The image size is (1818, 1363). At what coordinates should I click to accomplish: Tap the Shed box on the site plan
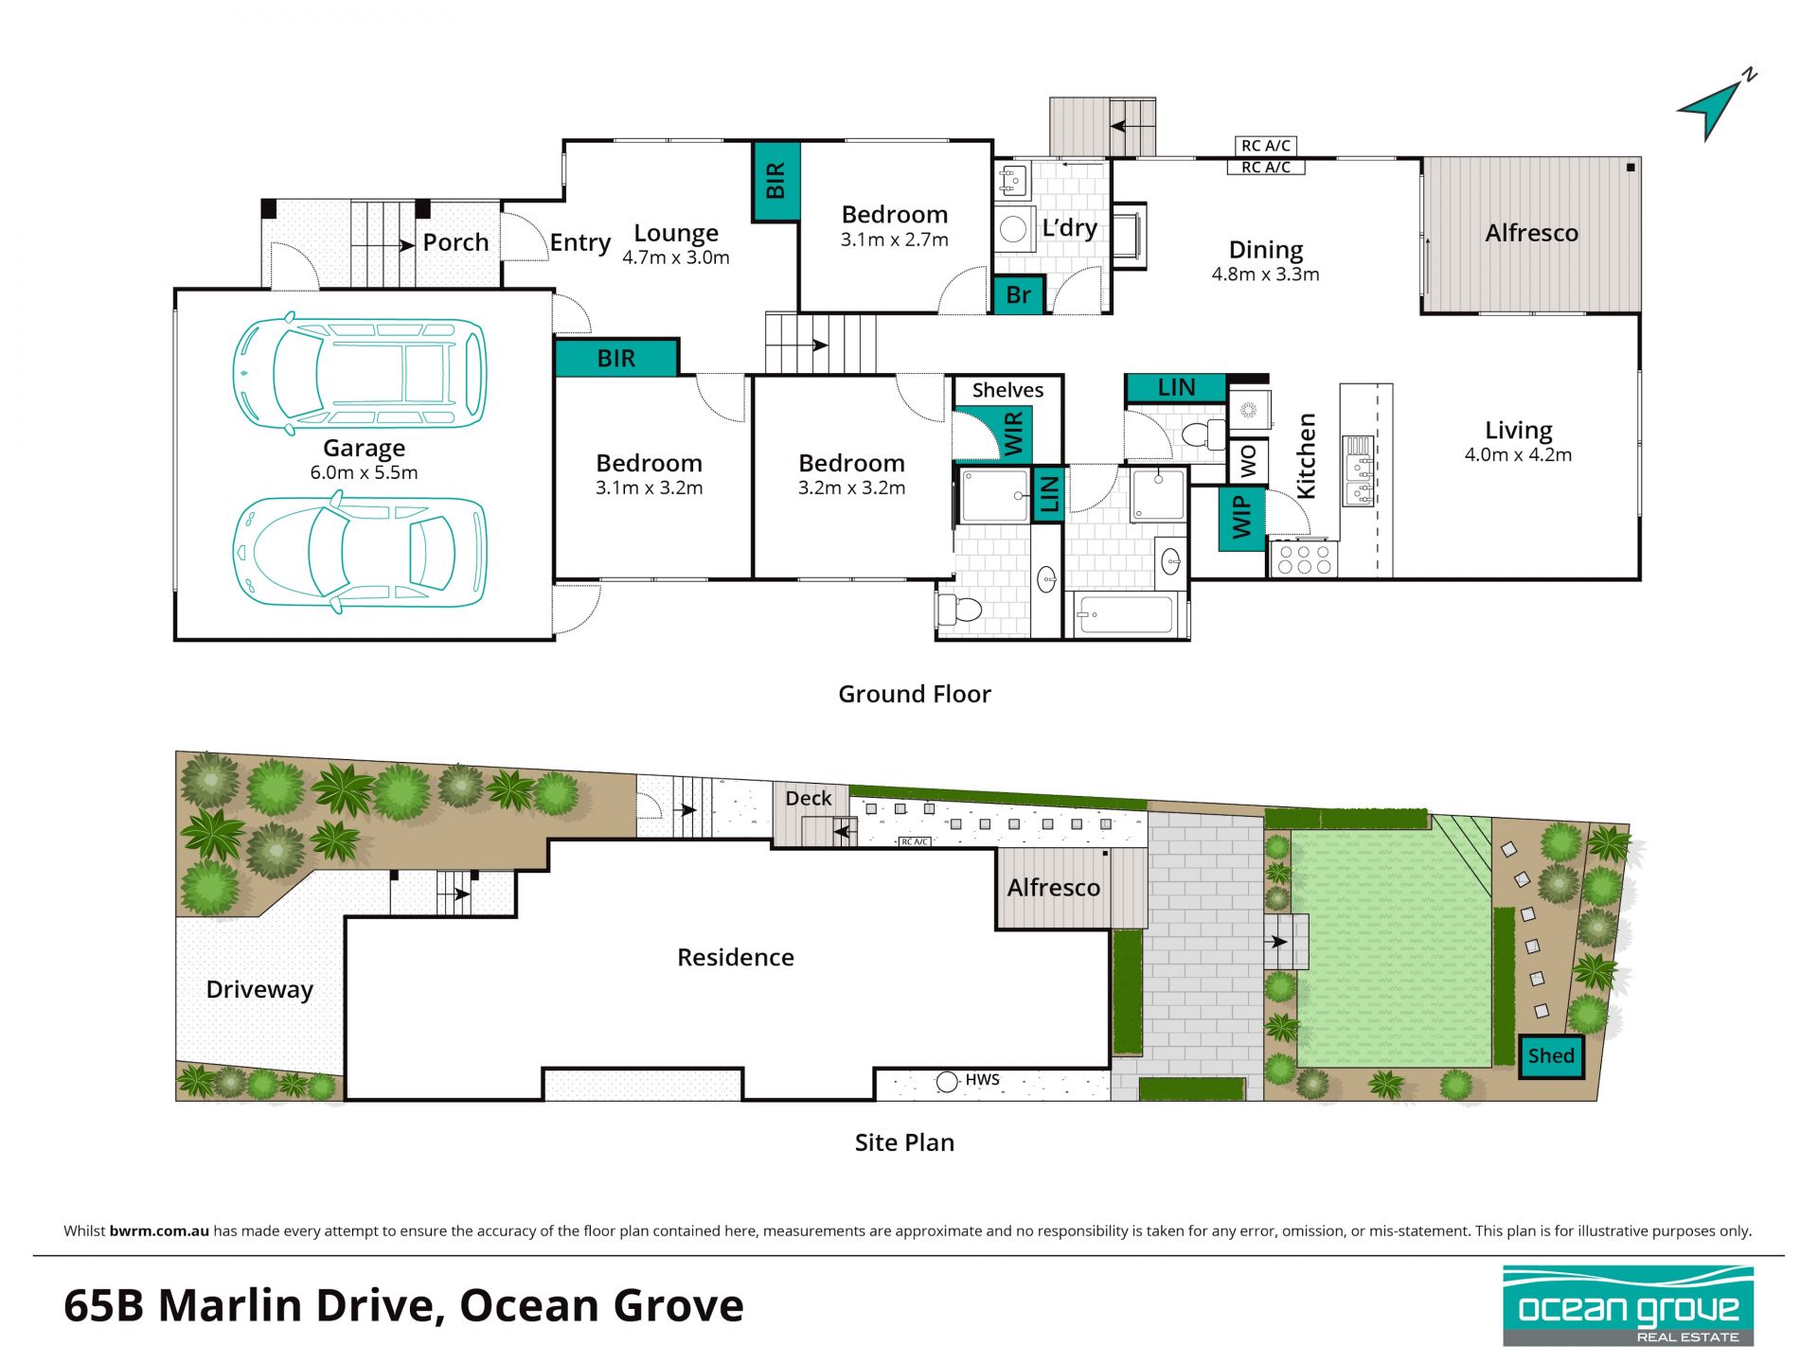[1551, 1056]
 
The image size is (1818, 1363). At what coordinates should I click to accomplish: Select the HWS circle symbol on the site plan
[947, 1081]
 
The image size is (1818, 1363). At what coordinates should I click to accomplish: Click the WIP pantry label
[1242, 518]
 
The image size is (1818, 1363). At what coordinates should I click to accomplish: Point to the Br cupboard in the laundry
[1018, 294]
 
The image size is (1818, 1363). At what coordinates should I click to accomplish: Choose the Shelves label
[1007, 390]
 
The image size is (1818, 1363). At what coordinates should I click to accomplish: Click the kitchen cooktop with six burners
[1304, 558]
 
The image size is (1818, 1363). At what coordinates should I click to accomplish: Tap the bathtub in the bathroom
[1126, 614]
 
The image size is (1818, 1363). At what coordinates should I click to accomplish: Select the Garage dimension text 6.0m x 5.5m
[364, 472]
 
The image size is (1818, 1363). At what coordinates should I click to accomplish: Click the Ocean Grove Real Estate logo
[1629, 1306]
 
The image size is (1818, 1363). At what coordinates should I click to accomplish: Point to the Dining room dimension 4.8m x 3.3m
[1265, 274]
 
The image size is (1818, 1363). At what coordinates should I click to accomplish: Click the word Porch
[455, 242]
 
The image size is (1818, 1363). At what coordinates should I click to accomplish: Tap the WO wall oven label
[1248, 461]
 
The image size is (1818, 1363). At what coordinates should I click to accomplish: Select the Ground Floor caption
[915, 694]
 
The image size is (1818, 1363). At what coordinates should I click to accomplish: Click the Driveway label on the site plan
[259, 990]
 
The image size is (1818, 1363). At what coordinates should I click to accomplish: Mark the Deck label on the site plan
[809, 798]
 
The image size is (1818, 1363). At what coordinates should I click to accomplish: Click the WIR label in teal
[1012, 434]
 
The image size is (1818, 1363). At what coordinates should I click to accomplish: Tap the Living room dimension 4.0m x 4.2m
[1518, 454]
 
